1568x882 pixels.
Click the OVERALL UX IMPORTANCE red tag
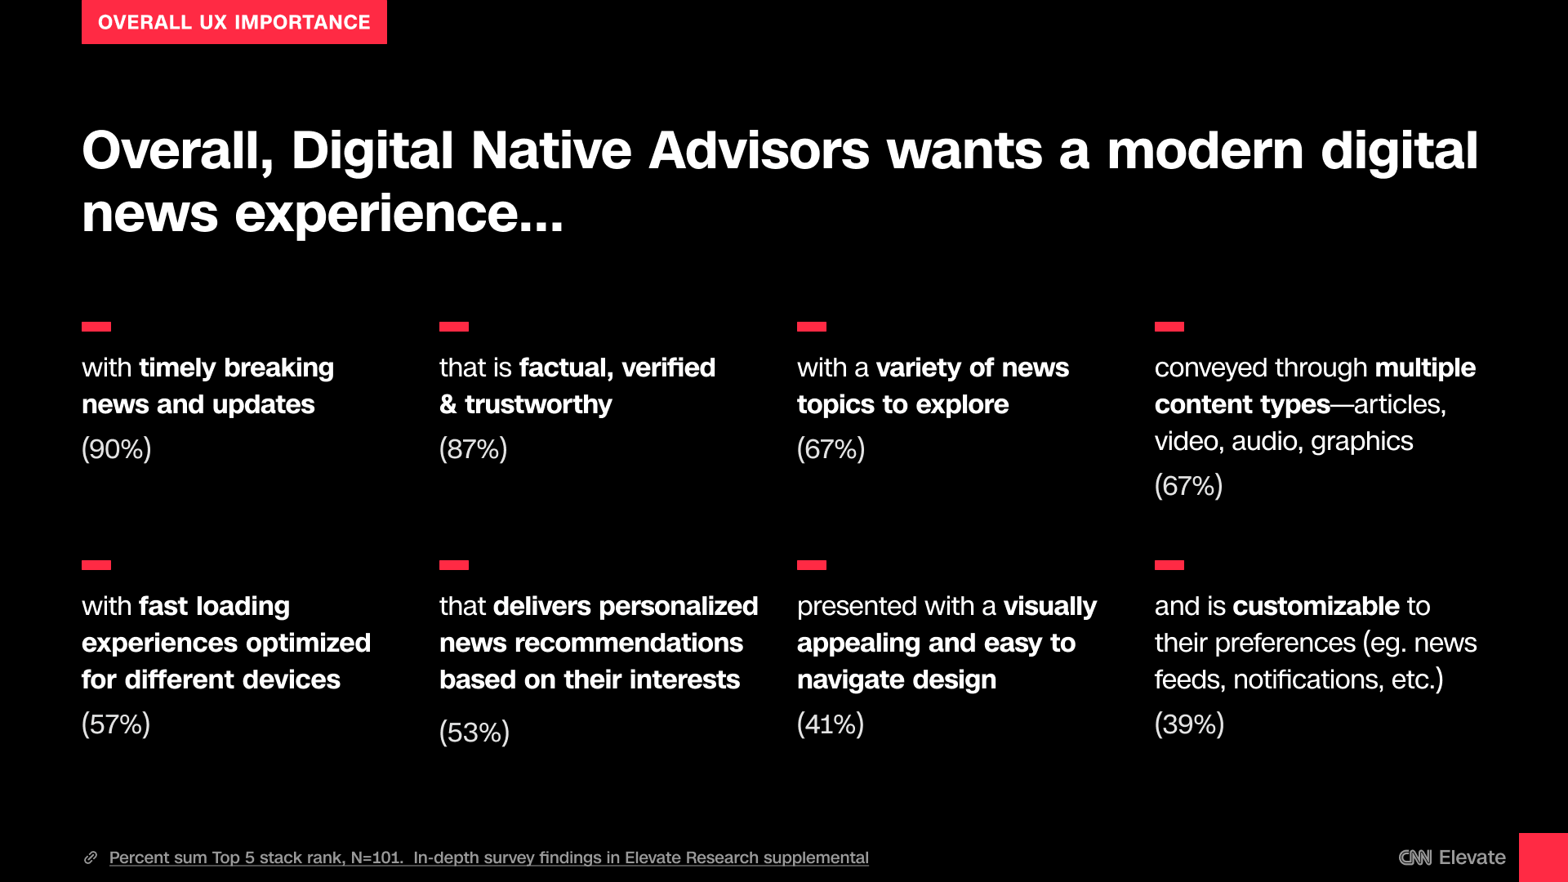tap(234, 22)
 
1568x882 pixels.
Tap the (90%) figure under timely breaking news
tap(117, 449)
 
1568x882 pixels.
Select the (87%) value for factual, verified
tap(474, 449)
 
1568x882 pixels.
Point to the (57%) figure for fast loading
tap(116, 724)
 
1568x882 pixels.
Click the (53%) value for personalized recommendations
tap(474, 733)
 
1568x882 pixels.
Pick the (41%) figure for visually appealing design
tap(831, 724)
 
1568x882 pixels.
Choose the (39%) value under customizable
tap(1189, 724)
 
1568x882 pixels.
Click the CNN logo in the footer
tap(1415, 857)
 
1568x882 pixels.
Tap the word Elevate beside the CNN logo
tap(1472, 857)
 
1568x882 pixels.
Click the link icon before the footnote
tap(91, 857)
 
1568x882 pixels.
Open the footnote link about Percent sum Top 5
tap(489, 857)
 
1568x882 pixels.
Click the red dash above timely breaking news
tap(96, 327)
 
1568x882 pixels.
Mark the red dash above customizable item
tap(1169, 565)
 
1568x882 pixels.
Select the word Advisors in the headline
tap(759, 151)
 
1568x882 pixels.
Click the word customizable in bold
tap(1316, 606)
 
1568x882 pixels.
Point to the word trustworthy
tap(538, 405)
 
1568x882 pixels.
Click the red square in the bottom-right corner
tap(1543, 857)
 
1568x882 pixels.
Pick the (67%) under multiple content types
tap(1188, 486)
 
